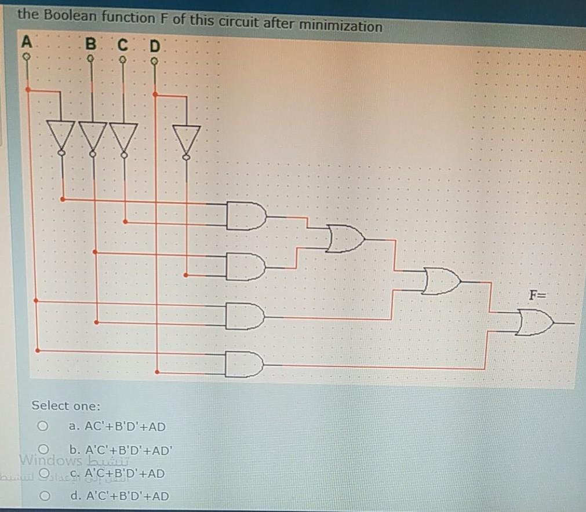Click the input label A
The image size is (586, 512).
(x=26, y=42)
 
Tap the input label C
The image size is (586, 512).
(x=122, y=44)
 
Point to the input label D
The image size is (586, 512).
(x=154, y=45)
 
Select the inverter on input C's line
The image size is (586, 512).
(x=123, y=136)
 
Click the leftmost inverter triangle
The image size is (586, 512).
(x=61, y=134)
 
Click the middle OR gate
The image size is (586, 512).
(x=442, y=281)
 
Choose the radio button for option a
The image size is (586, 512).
(x=42, y=426)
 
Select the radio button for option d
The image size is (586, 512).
(x=42, y=496)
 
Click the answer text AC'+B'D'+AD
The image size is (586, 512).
(x=124, y=427)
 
